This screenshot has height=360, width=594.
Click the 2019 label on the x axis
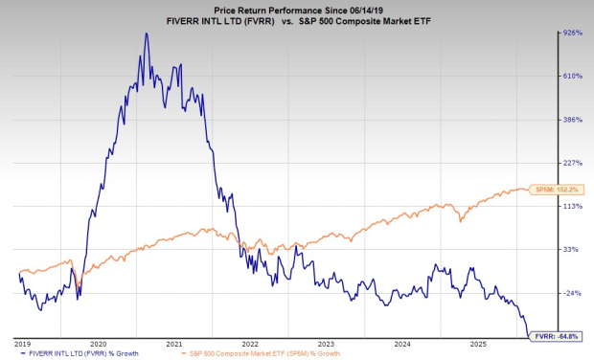tap(23, 342)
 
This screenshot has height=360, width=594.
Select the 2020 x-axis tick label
tap(99, 342)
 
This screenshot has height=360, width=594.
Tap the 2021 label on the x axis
tap(174, 342)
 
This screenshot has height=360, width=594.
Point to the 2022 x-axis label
tap(251, 342)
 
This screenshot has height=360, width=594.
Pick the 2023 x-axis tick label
tap(327, 342)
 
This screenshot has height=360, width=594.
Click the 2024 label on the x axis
tap(402, 342)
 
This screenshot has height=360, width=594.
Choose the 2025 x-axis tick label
tap(478, 342)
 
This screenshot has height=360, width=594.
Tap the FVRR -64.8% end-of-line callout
tap(557, 336)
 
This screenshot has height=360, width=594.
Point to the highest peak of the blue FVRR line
tap(146, 34)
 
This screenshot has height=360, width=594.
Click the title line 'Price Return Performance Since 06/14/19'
tap(296, 7)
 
